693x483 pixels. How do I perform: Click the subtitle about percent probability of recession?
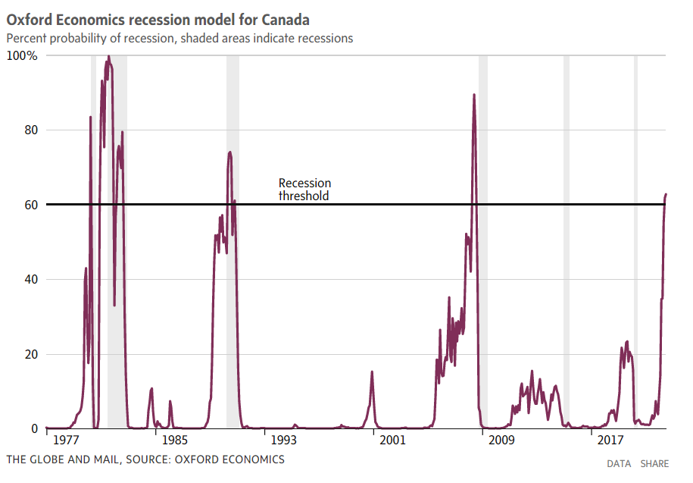pos(179,38)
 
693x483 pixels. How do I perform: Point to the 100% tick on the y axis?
pos(22,56)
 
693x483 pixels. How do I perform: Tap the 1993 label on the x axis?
pos(282,441)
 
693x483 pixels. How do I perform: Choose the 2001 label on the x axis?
pos(391,441)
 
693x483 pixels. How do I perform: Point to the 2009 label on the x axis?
pos(501,441)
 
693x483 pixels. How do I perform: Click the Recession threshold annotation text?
pos(304,189)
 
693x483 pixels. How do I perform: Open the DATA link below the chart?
pos(619,463)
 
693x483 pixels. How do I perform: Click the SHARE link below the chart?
pos(654,463)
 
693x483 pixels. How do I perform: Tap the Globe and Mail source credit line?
pos(145,459)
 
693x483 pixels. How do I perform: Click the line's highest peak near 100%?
pos(108,56)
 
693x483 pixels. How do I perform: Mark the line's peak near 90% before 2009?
pos(474,95)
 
